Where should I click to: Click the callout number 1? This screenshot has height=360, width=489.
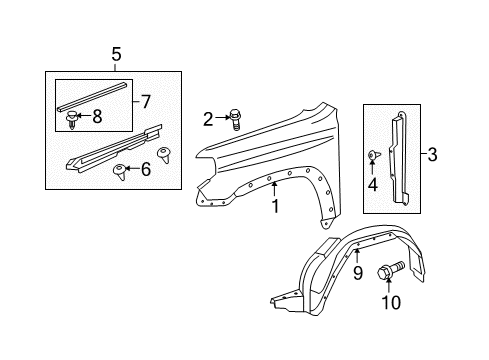pos(275,206)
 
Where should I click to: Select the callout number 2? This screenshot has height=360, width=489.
pos(208,119)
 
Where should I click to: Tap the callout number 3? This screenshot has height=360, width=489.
pos(432,155)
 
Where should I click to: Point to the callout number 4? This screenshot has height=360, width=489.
pos(373,185)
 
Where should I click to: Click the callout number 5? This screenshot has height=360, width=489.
pos(116,54)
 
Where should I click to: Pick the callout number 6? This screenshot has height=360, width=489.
pos(146,169)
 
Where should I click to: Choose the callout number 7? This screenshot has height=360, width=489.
pos(146,102)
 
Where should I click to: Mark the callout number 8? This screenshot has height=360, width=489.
pos(97,117)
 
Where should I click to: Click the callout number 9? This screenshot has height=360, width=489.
pos(358,273)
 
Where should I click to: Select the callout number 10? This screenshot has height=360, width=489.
pos(391,302)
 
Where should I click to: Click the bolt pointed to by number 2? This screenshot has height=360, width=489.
pos(235,120)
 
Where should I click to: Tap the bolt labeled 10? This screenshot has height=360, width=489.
pos(391,270)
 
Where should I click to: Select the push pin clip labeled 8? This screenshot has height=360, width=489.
pos(71,120)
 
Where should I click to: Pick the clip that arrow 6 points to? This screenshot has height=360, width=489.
pos(120,172)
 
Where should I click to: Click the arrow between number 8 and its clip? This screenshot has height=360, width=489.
pos(84,116)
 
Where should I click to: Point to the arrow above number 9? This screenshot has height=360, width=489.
pos(357,255)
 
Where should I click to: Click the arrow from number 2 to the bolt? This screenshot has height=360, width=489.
pos(222,117)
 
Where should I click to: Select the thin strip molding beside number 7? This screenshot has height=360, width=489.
pos(92,96)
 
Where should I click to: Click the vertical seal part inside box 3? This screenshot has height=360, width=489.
pos(399,157)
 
